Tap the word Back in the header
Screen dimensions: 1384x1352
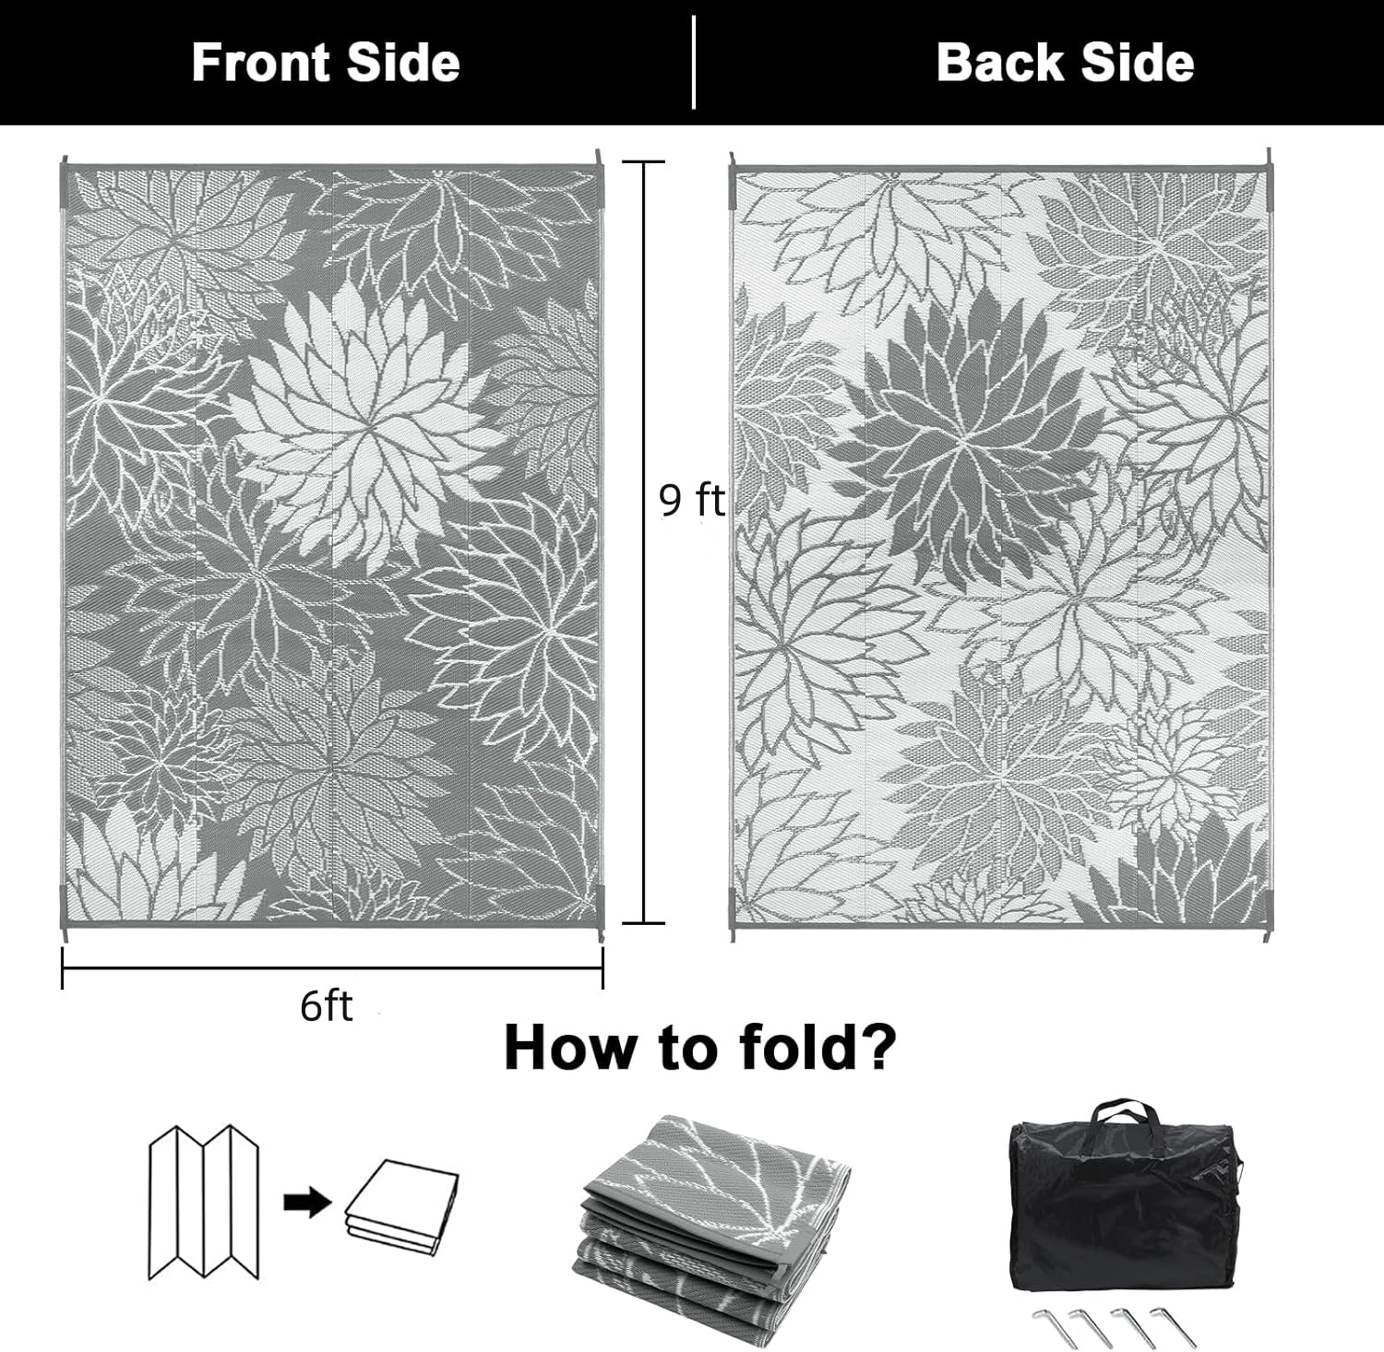1000,63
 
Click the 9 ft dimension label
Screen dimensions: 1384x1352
691,500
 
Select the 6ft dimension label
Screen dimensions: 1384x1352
326,1006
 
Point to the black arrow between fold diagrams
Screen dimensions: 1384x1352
307,1203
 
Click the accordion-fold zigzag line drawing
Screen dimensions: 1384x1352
204,1202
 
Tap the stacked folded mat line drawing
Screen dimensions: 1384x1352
402,1207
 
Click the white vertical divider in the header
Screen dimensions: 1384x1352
693,62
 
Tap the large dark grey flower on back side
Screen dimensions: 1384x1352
969,443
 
